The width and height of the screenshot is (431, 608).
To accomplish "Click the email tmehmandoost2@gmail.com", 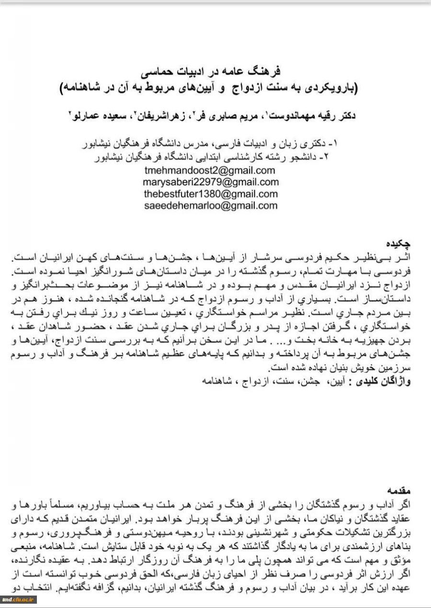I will click(x=210, y=170).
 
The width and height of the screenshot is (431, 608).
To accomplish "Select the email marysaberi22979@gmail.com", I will click(x=211, y=182).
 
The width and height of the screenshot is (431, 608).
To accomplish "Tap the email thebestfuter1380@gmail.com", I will click(x=211, y=194).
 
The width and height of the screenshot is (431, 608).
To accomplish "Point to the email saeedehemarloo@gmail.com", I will click(x=211, y=206).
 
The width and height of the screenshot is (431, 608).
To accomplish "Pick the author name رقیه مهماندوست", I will click(x=314, y=116).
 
